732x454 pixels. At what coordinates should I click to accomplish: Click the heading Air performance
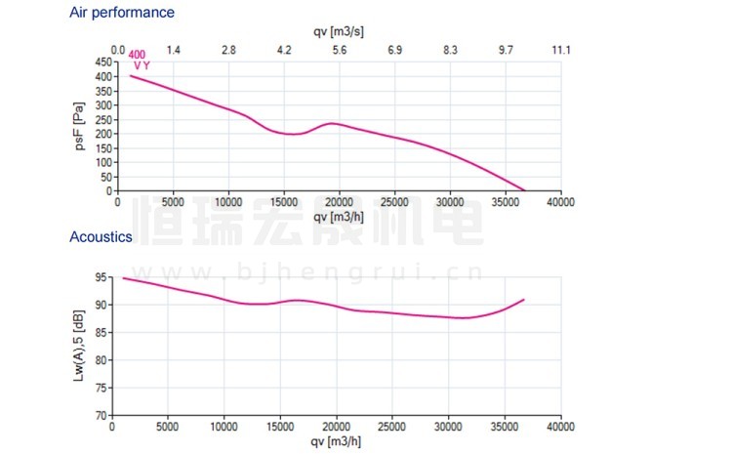point(122,13)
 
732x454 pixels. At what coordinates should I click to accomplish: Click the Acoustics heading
point(101,236)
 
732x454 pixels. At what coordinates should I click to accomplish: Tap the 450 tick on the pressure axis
point(101,62)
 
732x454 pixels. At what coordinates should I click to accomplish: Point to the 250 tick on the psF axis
point(101,119)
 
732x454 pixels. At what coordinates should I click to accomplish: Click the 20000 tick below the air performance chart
point(339,202)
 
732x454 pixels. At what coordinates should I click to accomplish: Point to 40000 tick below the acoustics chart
point(560,427)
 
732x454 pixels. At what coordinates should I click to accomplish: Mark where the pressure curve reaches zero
point(525,190)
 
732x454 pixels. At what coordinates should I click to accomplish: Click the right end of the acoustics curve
point(524,299)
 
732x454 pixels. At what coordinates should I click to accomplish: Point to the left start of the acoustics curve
point(123,278)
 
